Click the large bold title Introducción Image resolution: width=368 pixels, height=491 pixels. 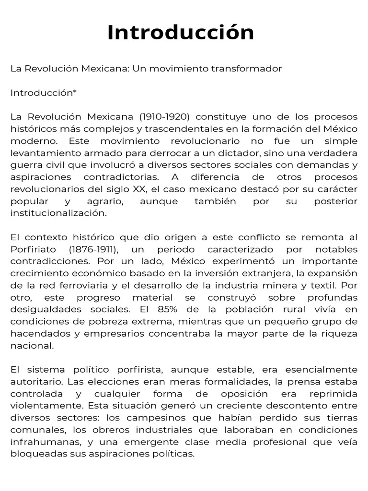tap(181, 33)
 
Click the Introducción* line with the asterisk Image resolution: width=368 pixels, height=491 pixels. tap(44, 93)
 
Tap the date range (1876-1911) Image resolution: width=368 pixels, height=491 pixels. tap(93, 249)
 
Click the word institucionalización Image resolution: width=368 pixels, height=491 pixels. tap(58, 213)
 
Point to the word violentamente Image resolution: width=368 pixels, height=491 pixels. tap(40, 406)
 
